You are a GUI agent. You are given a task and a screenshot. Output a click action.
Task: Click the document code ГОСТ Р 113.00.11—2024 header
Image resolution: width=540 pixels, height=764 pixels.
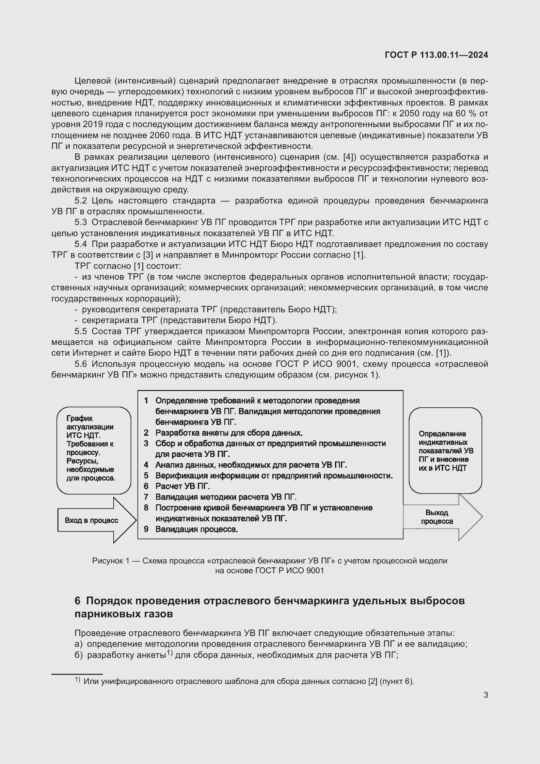[x=436, y=55]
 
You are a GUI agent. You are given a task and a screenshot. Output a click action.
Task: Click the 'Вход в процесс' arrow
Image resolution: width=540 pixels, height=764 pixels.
[x=92, y=520]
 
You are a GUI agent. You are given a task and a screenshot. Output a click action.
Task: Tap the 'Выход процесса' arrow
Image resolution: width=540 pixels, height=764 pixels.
[x=437, y=517]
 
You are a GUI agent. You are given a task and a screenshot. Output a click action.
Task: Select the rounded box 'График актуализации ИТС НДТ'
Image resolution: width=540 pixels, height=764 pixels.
[x=93, y=450]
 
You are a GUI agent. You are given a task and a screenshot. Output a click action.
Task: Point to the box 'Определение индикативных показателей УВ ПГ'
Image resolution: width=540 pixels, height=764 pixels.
[x=445, y=450]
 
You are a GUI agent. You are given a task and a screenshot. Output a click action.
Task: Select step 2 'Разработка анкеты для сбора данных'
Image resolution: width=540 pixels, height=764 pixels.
[x=229, y=433]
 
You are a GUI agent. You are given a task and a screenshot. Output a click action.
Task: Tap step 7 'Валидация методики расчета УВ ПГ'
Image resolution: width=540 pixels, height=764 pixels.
[x=226, y=497]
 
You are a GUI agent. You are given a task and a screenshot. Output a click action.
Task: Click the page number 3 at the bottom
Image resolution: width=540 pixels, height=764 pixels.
[x=486, y=695]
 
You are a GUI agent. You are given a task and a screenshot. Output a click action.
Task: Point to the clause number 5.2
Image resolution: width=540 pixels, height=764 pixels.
[x=80, y=201]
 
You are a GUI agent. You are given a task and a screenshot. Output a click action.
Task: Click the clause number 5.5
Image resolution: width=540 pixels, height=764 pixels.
[x=80, y=332]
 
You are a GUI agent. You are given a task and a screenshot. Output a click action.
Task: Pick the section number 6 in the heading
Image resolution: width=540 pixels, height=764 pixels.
[x=77, y=601]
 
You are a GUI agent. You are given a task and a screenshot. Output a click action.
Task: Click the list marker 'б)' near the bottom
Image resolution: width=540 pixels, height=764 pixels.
[x=78, y=655]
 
